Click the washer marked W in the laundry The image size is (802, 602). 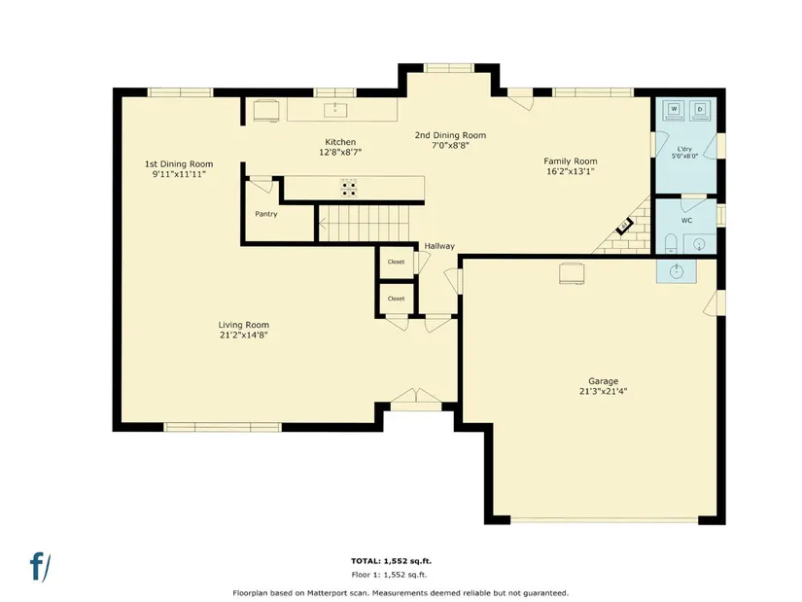point(674,110)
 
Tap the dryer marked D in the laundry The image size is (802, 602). point(700,110)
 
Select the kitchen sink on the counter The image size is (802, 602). point(335,110)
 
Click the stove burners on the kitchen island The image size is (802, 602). point(349,188)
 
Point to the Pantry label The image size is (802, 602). point(266,214)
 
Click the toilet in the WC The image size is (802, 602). point(671,244)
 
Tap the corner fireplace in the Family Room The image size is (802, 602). point(625,226)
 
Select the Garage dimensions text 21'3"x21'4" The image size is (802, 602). point(603,392)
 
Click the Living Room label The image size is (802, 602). point(243,325)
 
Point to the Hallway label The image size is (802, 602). point(439,246)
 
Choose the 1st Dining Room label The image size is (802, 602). point(179,164)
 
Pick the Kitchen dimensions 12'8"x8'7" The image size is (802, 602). point(340,152)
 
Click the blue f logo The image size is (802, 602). point(40,567)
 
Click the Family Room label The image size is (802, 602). point(571,161)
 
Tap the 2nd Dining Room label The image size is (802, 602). point(450,135)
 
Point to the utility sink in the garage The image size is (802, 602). point(677,270)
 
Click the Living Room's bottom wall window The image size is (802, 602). point(223,427)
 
